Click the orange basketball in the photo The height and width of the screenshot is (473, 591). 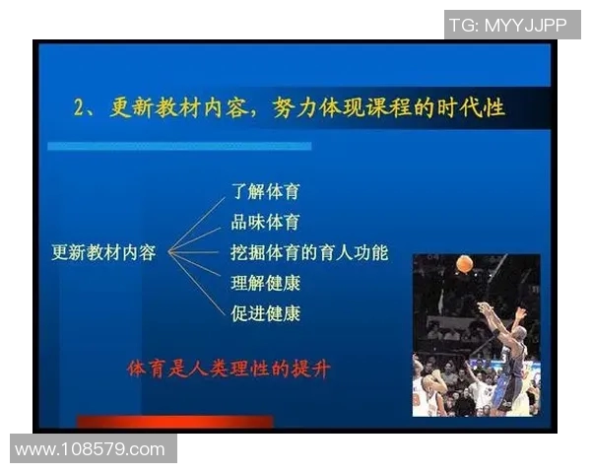[x=464, y=264]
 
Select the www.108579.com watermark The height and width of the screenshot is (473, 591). [x=91, y=449]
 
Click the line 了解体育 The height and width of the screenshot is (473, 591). [x=265, y=191]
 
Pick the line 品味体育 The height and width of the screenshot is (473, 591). [x=265, y=222]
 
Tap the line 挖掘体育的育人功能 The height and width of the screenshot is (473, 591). [x=309, y=252]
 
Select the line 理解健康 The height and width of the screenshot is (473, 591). [x=265, y=284]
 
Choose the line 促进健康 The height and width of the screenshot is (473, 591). [x=265, y=314]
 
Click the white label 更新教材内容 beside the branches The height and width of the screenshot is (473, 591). [x=103, y=252]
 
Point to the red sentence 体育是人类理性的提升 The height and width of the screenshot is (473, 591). [x=230, y=370]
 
